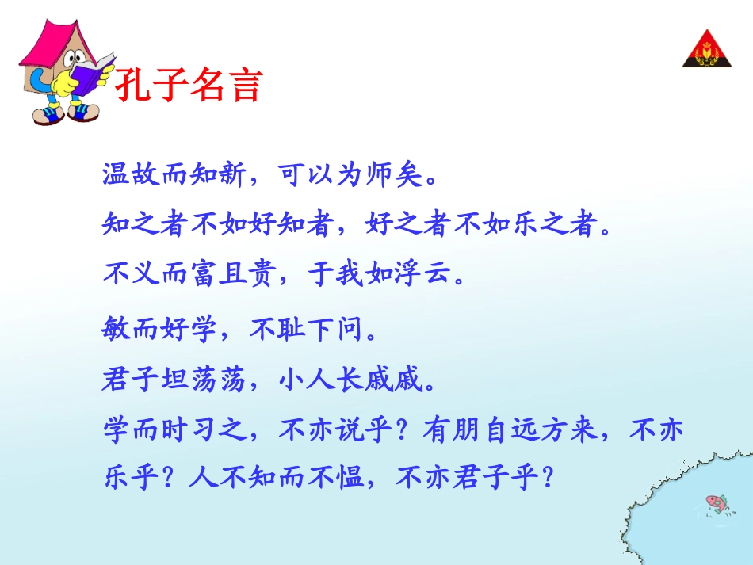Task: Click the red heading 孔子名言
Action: pyautogui.click(x=188, y=85)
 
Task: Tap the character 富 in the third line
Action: pyautogui.click(x=203, y=275)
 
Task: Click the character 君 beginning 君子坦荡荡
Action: pyautogui.click(x=117, y=381)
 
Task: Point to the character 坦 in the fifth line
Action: pyautogui.click(x=174, y=381)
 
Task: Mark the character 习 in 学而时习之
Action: pyautogui.click(x=203, y=432)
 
